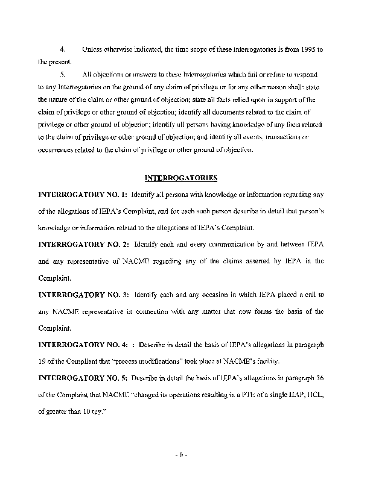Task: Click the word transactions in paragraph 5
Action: [x=289, y=137]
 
